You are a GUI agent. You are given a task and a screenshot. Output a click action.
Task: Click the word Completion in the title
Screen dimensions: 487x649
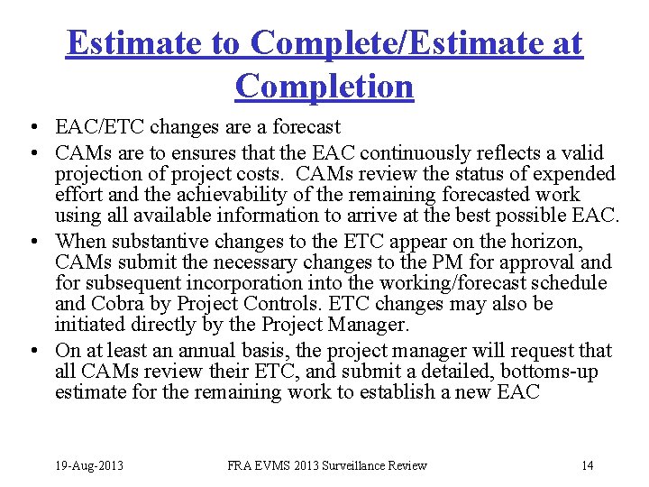pyautogui.click(x=324, y=86)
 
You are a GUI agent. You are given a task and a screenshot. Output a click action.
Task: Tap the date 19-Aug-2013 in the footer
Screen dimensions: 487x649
pyautogui.click(x=87, y=465)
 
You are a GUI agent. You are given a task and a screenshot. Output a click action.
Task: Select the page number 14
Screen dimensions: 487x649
pyautogui.click(x=587, y=465)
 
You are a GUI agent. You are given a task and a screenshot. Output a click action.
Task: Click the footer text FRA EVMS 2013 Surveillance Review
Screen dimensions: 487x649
pyautogui.click(x=327, y=465)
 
